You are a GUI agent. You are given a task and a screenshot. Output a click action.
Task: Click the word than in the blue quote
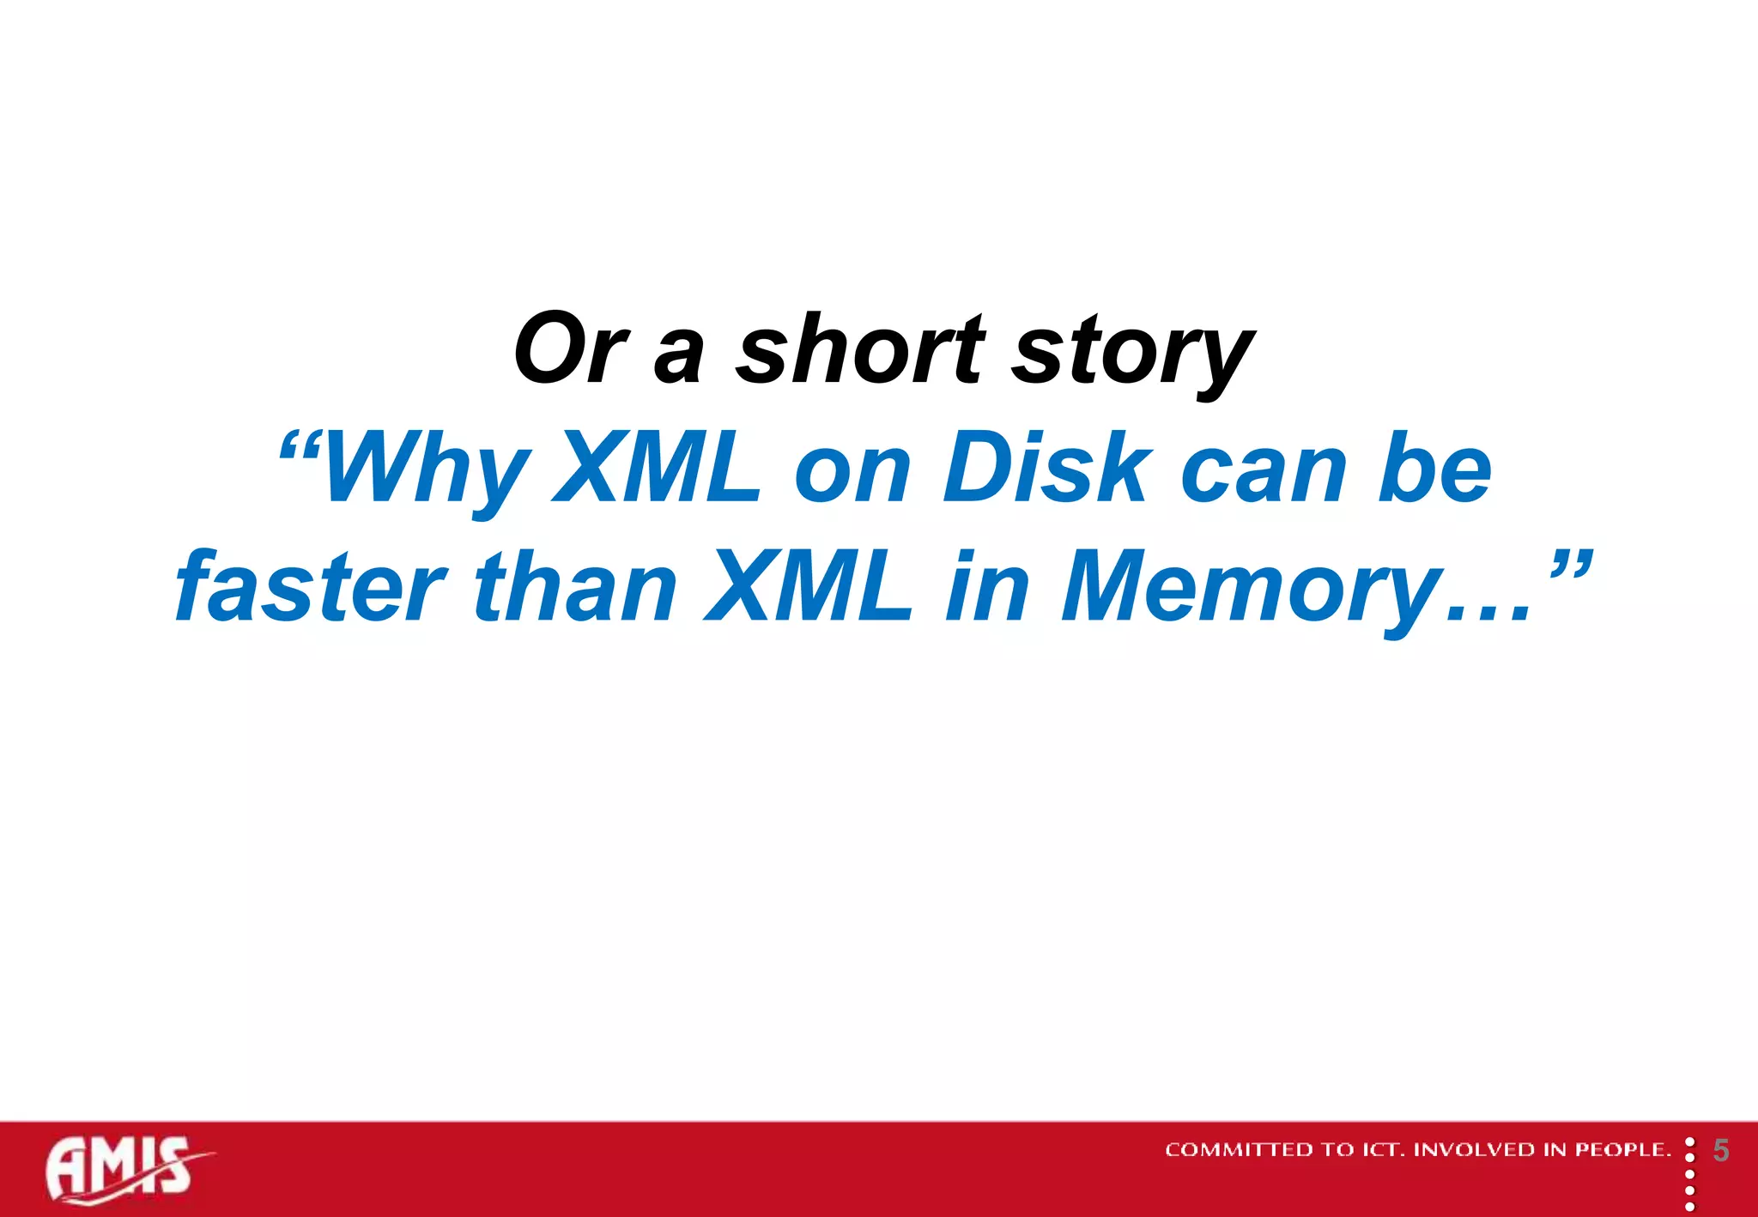point(575,588)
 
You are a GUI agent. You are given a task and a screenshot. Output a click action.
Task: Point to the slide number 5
point(1721,1150)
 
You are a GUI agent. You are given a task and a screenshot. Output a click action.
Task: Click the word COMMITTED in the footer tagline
point(1240,1150)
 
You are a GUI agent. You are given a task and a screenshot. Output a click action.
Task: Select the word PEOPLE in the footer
point(1622,1150)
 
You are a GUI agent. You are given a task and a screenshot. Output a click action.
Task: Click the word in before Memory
point(987,588)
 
